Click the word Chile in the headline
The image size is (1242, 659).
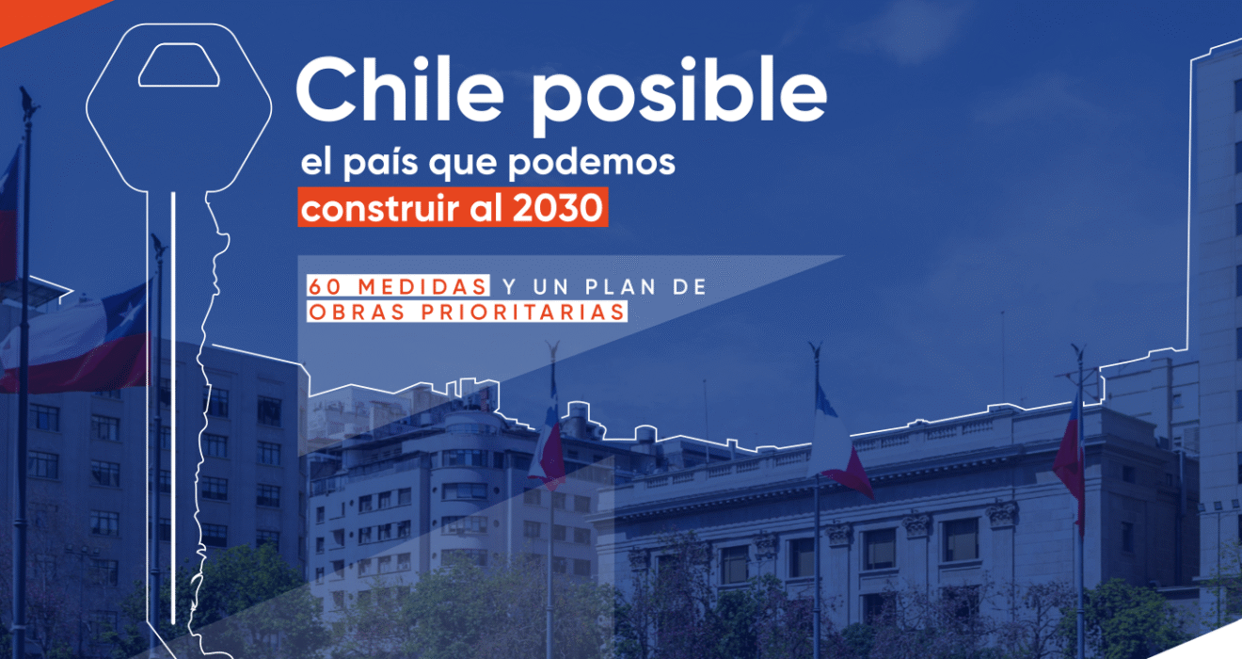click(x=400, y=89)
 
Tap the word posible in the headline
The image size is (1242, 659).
click(x=679, y=95)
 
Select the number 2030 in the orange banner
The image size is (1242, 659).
click(x=557, y=208)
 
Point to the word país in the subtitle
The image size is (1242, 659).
click(x=380, y=163)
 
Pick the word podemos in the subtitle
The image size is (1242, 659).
click(x=592, y=163)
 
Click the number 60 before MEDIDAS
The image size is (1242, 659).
click(x=325, y=287)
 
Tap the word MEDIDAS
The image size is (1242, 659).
click(x=422, y=287)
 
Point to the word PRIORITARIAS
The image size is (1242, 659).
click(x=523, y=312)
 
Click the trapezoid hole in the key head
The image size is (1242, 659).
click(x=179, y=65)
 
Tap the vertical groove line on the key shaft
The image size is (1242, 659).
click(x=173, y=408)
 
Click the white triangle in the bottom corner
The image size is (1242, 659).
click(x=1215, y=644)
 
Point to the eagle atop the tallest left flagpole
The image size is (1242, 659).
click(x=27, y=102)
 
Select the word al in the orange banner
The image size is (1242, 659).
click(x=486, y=207)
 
